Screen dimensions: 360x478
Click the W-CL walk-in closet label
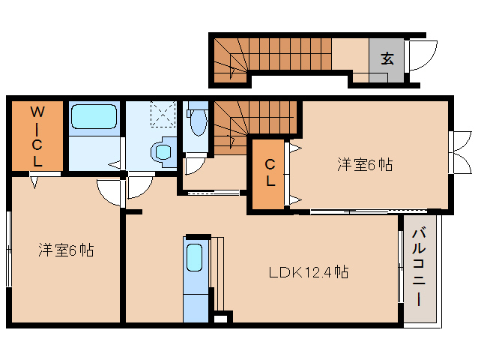pyautogui.click(x=36, y=136)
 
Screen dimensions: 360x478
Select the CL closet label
pyautogui.click(x=270, y=172)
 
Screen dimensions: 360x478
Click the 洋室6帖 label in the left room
pyautogui.click(x=66, y=250)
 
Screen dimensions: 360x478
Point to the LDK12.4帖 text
pyautogui.click(x=308, y=271)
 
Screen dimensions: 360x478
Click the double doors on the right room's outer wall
pyautogui.click(x=455, y=143)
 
